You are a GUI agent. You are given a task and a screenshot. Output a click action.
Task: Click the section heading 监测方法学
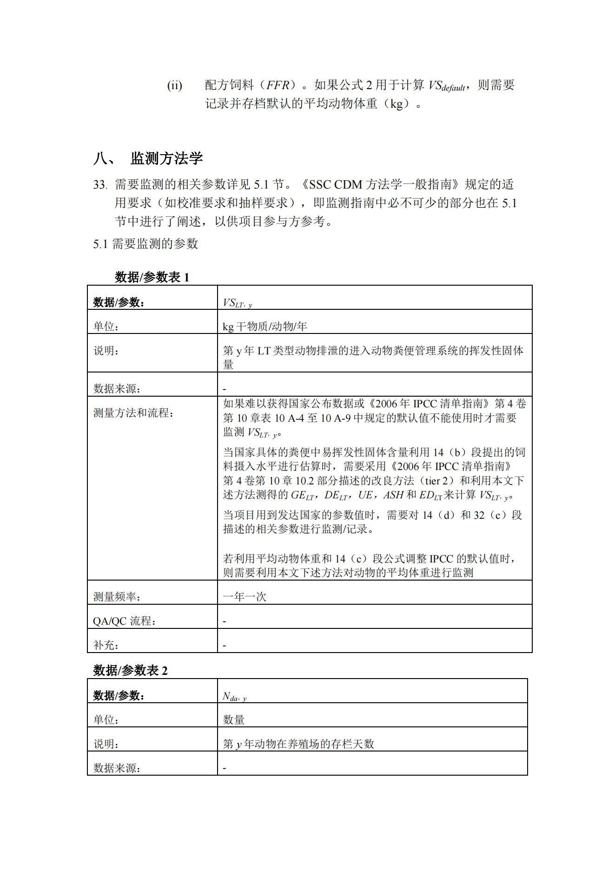[x=166, y=158]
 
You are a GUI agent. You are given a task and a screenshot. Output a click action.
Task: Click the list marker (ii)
[x=175, y=85]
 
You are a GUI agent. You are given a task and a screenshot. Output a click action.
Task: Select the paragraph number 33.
[x=100, y=185]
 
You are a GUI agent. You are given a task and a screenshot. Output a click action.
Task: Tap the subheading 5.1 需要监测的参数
[x=145, y=244]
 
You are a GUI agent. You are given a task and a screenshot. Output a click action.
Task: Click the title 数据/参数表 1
[x=152, y=277]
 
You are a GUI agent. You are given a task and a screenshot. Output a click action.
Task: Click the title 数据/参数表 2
[x=130, y=670]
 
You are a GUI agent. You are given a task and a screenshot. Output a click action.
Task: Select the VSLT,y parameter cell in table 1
[x=237, y=303]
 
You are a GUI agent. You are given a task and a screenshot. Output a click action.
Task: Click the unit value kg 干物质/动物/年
[x=265, y=327]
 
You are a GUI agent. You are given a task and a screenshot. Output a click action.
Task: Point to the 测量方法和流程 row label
[x=133, y=412]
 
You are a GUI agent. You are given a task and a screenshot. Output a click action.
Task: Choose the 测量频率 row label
[x=117, y=596]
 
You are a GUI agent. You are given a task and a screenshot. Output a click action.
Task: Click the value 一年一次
[x=245, y=596]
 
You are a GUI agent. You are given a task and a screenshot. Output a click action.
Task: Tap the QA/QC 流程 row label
[x=124, y=621]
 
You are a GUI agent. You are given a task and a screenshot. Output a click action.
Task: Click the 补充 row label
[x=106, y=645]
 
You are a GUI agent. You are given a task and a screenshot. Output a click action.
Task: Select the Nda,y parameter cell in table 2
[x=234, y=696]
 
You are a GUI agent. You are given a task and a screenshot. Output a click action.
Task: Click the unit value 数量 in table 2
[x=234, y=719]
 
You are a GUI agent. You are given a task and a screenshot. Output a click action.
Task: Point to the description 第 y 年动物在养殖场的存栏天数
[x=298, y=744]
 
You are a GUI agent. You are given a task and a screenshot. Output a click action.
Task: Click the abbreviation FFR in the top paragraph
[x=278, y=85]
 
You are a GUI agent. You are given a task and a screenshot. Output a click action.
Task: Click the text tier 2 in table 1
[x=439, y=481]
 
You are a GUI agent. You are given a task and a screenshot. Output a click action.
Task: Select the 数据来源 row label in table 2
[x=117, y=768]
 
